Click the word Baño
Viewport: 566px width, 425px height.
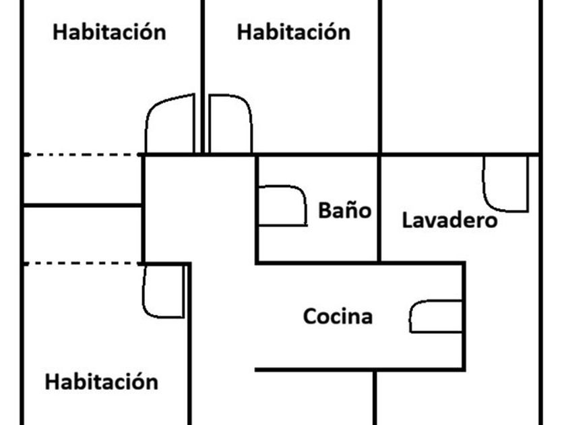point(344,210)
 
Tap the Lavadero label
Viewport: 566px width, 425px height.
point(449,220)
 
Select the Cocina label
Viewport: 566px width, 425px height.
point(338,316)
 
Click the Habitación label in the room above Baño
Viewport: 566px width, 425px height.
point(294,32)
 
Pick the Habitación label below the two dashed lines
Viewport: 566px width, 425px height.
point(101,382)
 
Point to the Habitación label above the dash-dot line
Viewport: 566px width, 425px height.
point(109,32)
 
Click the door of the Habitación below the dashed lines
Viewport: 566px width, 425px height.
point(164,291)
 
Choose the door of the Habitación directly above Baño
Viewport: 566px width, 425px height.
point(230,124)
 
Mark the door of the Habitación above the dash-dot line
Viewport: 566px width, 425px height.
point(170,125)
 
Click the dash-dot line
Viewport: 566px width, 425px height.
point(81,155)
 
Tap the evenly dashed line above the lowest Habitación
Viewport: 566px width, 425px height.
point(81,263)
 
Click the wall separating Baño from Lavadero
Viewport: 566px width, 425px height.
point(379,209)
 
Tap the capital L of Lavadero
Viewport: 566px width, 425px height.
point(407,220)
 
